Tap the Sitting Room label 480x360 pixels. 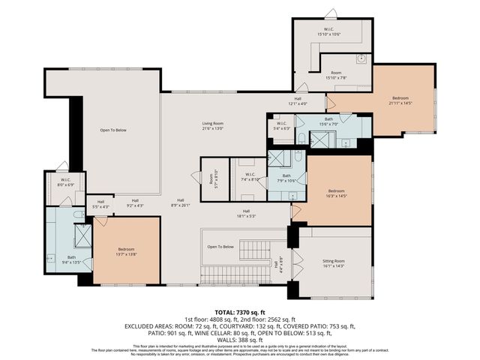point(333,262)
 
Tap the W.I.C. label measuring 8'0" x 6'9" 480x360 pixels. point(65,182)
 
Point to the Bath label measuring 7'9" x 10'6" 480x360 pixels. point(286,178)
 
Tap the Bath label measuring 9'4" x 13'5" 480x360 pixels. point(71,259)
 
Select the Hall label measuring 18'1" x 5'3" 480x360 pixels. point(246,214)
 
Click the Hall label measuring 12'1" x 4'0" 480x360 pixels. point(298,101)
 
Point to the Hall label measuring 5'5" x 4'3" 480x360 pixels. point(100,203)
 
